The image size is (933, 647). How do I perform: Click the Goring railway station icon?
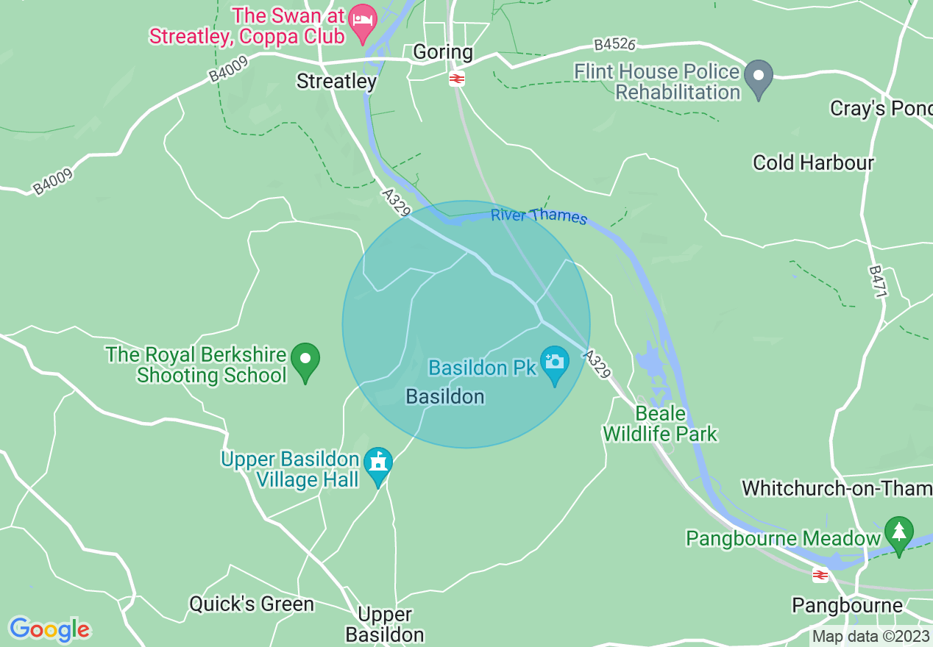456,79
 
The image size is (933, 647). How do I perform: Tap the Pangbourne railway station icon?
820,575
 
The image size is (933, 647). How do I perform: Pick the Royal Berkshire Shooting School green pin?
305,361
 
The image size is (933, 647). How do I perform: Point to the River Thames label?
539,215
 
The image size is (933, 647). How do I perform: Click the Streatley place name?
336,81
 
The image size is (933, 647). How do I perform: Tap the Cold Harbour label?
813,162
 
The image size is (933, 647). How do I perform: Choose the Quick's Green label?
252,604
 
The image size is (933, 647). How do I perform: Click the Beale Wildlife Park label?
660,423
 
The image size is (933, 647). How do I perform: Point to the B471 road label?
879,282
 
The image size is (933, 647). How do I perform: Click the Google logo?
49,629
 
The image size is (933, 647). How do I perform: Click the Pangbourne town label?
847,605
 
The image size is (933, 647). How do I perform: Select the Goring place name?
443,51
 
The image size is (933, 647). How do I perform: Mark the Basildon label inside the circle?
445,397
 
